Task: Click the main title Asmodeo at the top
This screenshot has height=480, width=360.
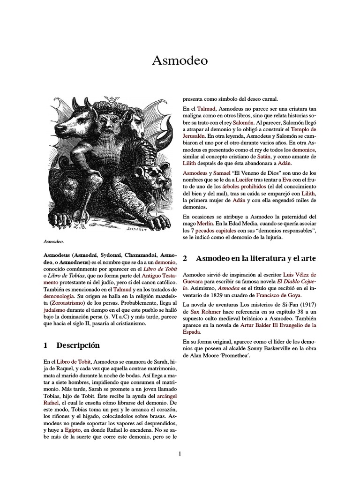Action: [180, 61]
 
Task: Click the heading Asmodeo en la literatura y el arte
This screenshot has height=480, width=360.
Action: [255, 258]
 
